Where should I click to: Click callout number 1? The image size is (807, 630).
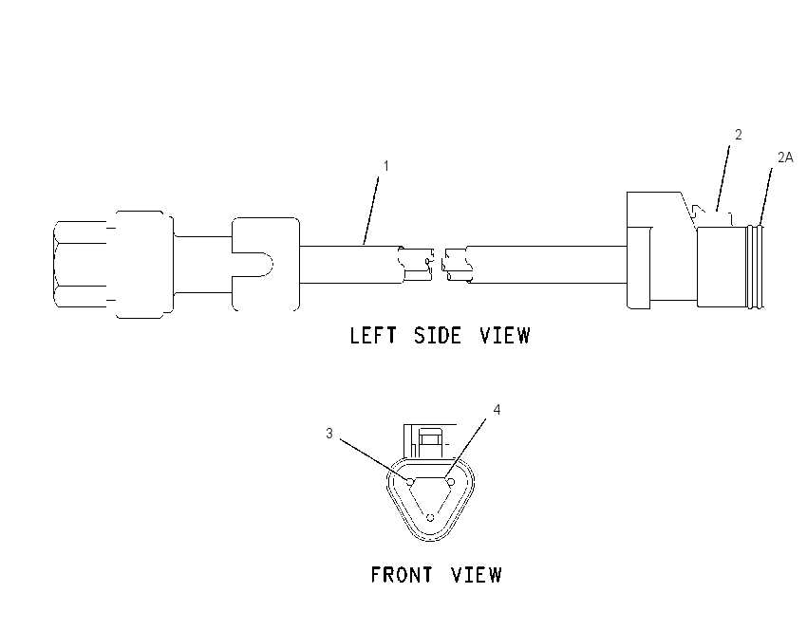[x=386, y=166]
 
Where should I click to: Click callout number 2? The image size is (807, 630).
[x=739, y=134]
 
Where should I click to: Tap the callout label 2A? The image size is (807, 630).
[x=785, y=157]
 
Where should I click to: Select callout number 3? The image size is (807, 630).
[x=329, y=434]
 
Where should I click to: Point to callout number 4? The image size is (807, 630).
[x=497, y=409]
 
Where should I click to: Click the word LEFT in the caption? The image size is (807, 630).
[x=373, y=335]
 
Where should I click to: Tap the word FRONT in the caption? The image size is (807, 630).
[x=402, y=574]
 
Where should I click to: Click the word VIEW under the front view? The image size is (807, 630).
[x=477, y=574]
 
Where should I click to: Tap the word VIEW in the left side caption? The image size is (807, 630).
[x=505, y=335]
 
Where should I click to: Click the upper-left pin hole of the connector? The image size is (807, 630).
[x=410, y=482]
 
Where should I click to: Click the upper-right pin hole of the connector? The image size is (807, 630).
[x=450, y=482]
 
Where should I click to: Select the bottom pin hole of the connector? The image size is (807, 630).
[x=430, y=517]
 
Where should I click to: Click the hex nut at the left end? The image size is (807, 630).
[x=80, y=265]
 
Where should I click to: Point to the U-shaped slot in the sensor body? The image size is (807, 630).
[x=253, y=265]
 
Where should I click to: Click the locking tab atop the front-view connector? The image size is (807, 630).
[x=430, y=440]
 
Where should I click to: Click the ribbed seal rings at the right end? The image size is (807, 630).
[x=756, y=267]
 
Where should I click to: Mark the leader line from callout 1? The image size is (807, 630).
[x=371, y=211]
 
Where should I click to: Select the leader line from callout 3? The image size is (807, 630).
[x=374, y=460]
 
